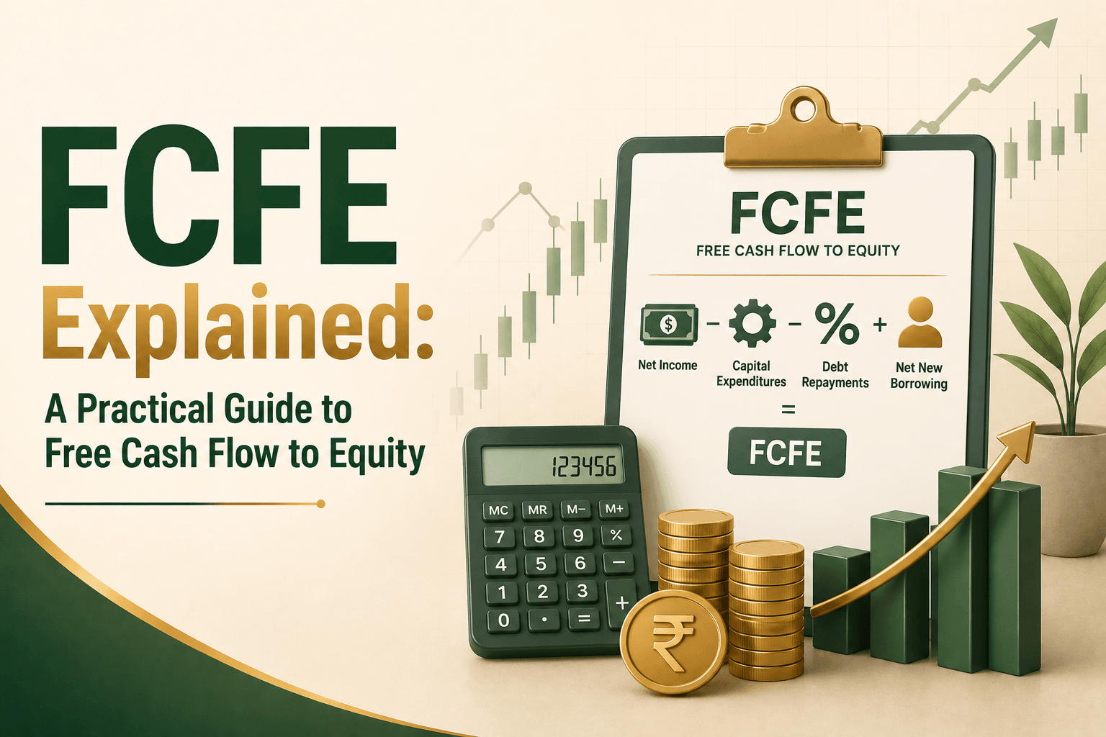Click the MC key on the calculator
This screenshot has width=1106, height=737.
point(498,510)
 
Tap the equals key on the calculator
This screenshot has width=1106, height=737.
point(584,618)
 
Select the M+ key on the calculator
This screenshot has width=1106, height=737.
point(613,509)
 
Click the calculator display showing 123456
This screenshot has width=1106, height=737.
point(552,465)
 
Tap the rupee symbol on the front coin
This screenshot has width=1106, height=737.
point(673,642)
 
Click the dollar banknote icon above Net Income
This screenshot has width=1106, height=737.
point(669,325)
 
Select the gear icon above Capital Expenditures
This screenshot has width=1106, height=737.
point(752,323)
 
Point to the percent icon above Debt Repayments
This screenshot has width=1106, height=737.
point(837,323)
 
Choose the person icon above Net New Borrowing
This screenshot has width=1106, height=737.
point(920,322)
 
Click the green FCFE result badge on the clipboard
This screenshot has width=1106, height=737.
point(786,452)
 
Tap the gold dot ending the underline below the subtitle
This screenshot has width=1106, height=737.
point(321,504)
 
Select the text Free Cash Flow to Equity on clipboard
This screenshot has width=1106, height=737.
point(798,250)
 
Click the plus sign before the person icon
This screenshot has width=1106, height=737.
point(880,325)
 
